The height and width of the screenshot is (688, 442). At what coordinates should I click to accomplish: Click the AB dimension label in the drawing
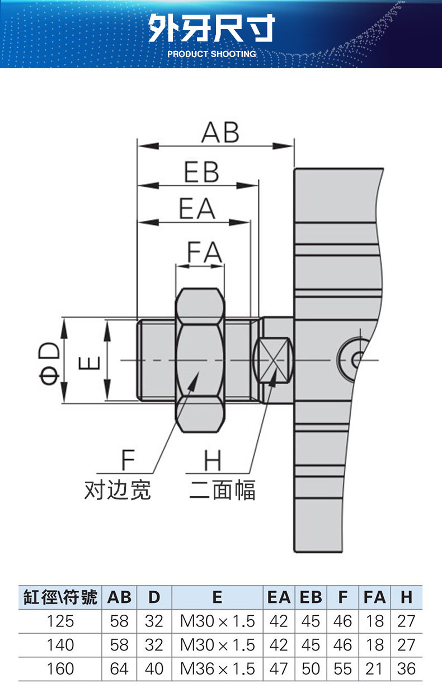[x=220, y=133]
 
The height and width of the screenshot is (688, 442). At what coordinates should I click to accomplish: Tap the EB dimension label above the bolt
[x=201, y=172]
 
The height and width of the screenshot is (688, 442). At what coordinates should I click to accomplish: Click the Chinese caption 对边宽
[x=117, y=489]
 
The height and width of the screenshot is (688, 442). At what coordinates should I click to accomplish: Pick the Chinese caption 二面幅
[x=222, y=489]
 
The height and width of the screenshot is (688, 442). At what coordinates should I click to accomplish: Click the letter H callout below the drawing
[x=213, y=461]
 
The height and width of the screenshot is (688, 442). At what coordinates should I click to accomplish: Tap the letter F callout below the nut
[x=128, y=460]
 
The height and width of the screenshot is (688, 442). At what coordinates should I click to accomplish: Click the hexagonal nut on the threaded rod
[x=200, y=360]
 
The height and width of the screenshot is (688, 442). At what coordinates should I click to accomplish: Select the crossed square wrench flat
[x=274, y=360]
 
